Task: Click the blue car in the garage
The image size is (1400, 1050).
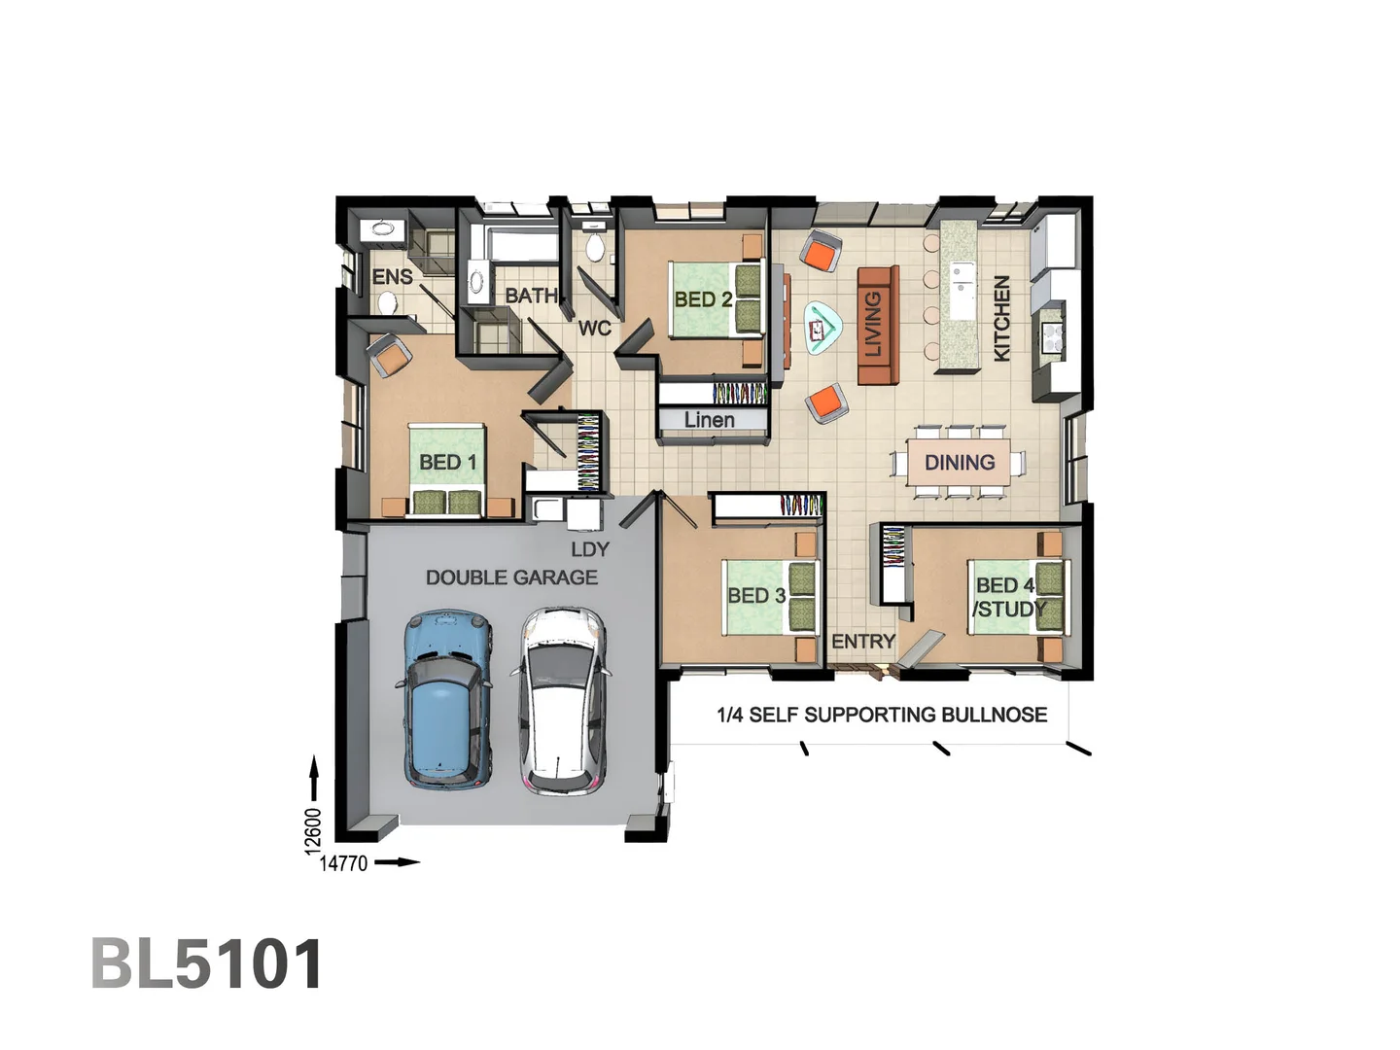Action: coord(446,700)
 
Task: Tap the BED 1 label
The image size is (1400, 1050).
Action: coord(447,462)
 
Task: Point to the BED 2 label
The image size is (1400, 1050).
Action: coord(703,299)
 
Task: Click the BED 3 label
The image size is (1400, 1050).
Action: coord(756,595)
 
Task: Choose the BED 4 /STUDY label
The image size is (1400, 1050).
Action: coord(1007,597)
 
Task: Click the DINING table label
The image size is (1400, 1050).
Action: coord(960,463)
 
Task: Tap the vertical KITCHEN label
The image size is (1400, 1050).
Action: coord(1001,318)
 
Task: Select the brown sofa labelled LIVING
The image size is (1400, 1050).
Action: coord(877,324)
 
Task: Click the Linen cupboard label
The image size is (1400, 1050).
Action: coord(710,420)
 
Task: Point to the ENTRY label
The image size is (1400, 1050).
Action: coord(862,642)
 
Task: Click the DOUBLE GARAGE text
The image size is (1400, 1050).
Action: coord(511,577)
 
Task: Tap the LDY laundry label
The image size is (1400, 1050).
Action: coord(589,549)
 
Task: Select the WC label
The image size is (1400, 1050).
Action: coord(595,328)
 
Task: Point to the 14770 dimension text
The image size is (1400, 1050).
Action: coord(344,863)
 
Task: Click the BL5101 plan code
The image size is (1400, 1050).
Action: coord(207,964)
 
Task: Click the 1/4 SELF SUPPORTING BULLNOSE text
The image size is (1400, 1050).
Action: coord(882,715)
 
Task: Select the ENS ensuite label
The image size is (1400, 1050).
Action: coord(393,277)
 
